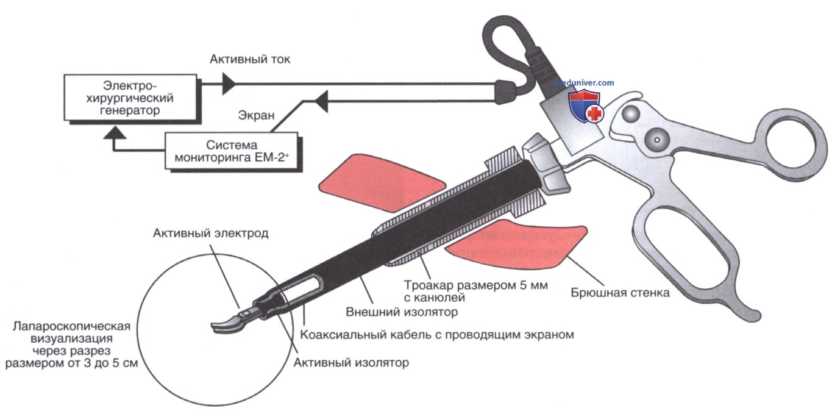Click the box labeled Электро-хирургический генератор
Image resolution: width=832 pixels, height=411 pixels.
pyautogui.click(x=130, y=98)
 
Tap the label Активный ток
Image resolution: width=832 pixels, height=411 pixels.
pyautogui.click(x=250, y=59)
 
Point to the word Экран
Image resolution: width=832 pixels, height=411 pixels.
pyautogui.click(x=256, y=115)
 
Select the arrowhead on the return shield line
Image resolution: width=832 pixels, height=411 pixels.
pyautogui.click(x=321, y=101)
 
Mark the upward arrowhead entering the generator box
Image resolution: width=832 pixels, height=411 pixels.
pyautogui.click(x=114, y=133)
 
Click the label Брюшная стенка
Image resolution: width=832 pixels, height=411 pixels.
pyautogui.click(x=620, y=293)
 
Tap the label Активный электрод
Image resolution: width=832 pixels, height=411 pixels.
pyautogui.click(x=211, y=234)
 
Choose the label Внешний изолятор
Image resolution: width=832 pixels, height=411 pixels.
pyautogui.click(x=402, y=312)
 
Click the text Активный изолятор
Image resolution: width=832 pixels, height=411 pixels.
pyautogui.click(x=351, y=362)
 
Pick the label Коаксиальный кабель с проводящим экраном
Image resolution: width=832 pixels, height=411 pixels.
pyautogui.click(x=437, y=335)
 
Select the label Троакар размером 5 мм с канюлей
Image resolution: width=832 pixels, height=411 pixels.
pyautogui.click(x=476, y=291)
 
